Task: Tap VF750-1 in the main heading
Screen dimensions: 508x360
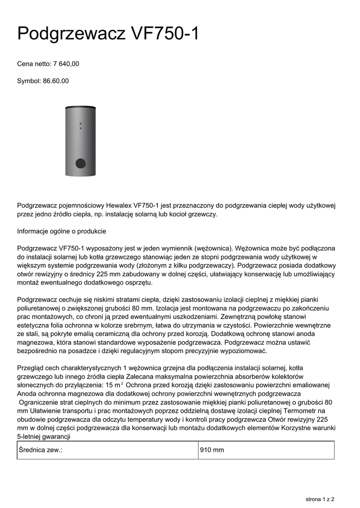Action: [x=165, y=34]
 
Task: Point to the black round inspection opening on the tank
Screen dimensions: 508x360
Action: [x=80, y=163]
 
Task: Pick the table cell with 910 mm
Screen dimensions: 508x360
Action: [x=212, y=450]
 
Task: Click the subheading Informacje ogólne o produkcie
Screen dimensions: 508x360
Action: [x=62, y=232]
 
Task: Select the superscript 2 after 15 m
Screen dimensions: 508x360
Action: [x=122, y=383]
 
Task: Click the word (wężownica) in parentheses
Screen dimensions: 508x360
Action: [x=212, y=248]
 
